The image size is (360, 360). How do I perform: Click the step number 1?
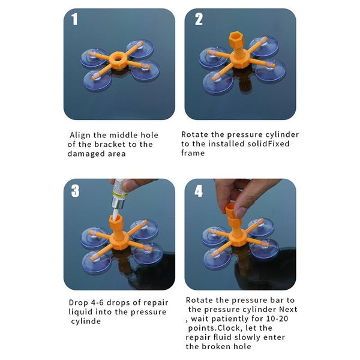74,19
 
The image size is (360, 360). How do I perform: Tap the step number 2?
199,19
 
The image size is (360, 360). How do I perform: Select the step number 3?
75,191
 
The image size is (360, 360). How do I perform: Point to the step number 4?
199,191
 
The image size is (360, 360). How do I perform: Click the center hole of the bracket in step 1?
118,58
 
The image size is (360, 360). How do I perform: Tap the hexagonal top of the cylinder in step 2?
236,38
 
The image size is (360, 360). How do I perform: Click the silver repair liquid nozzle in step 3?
117,202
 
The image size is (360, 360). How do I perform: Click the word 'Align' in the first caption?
80,135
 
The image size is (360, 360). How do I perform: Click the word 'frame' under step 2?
193,153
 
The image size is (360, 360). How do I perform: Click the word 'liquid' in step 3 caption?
81,312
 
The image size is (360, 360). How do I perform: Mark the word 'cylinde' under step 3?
86,321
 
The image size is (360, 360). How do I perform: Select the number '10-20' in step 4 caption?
277,319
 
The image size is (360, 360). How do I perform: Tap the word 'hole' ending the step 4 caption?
242,346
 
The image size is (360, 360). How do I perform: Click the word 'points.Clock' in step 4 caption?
215,328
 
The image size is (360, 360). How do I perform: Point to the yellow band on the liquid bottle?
119,195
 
